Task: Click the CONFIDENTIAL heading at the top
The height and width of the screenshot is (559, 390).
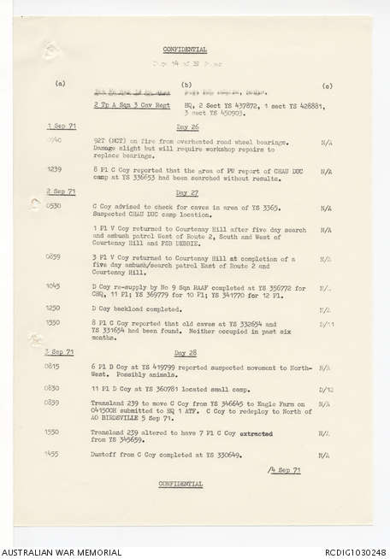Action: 186,50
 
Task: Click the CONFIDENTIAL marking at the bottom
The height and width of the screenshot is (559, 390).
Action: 180,484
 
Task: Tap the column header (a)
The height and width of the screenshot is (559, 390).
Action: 60,85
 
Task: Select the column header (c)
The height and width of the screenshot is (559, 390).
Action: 328,85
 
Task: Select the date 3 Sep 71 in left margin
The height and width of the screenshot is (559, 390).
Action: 59,352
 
